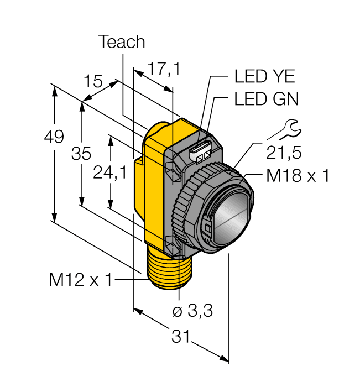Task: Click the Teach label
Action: point(122,42)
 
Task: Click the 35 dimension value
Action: point(81,154)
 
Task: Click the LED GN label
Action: point(266,99)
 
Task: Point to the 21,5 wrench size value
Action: point(285,151)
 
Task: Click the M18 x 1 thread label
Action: point(298,176)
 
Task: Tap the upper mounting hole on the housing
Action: point(172,168)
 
